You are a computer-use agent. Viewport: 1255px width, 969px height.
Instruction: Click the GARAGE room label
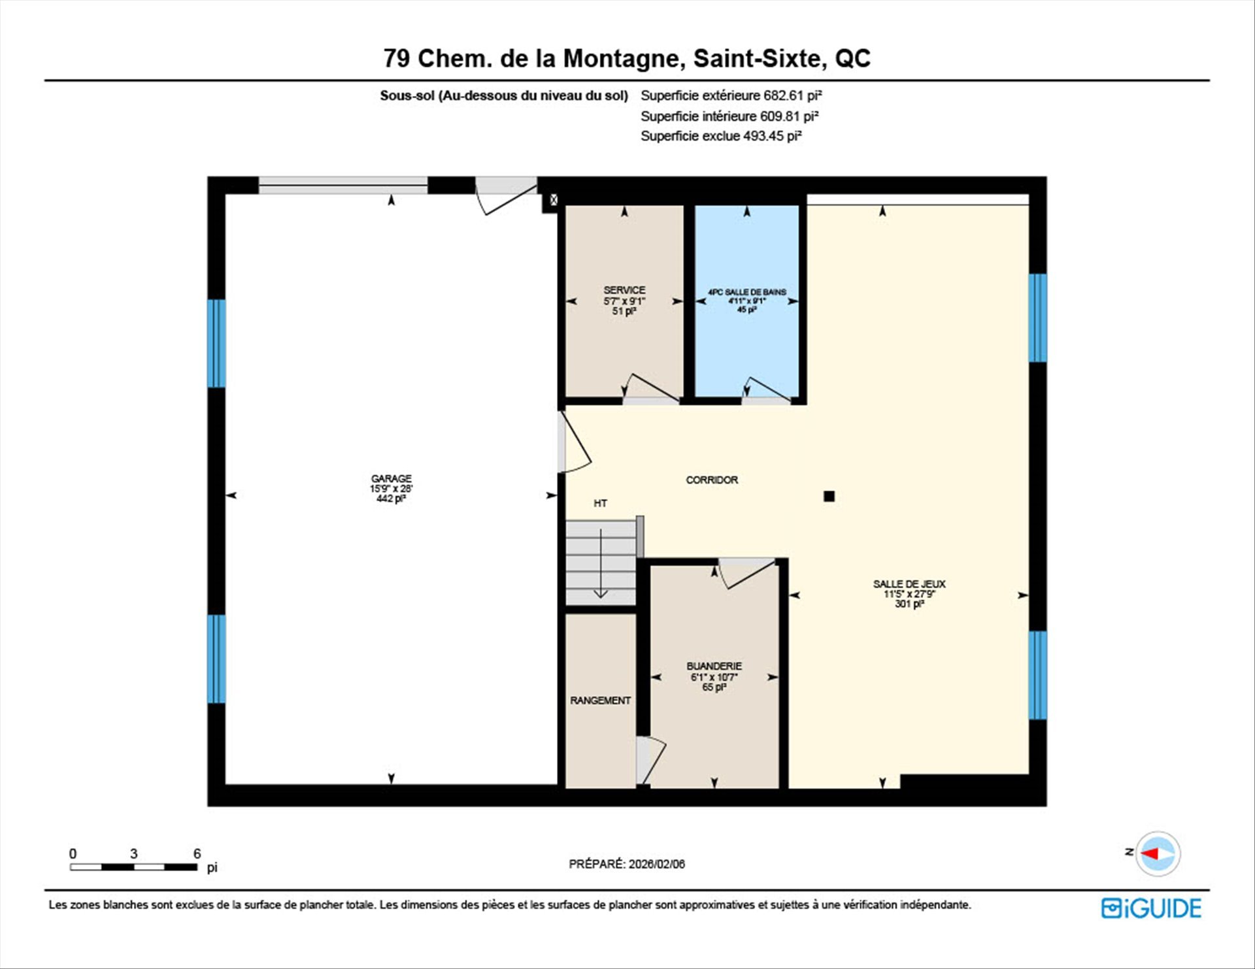(391, 478)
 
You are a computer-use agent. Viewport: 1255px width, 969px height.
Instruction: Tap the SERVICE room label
(624, 290)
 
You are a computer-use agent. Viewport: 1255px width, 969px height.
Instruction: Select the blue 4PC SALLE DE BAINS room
(746, 301)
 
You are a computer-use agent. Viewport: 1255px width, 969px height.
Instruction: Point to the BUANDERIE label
(714, 666)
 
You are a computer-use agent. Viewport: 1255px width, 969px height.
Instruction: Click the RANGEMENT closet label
(600, 700)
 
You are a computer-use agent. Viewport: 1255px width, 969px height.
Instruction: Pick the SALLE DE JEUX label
(909, 584)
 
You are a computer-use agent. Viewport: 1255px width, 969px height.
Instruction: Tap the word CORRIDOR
(712, 480)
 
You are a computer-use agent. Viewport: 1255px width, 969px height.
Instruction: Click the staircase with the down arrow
(601, 563)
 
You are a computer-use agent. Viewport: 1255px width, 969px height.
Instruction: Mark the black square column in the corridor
(829, 496)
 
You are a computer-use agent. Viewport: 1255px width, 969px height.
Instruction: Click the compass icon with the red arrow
(1158, 853)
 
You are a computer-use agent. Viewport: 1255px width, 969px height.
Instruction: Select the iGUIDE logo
(1151, 908)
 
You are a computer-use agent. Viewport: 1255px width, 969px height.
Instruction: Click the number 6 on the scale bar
(197, 853)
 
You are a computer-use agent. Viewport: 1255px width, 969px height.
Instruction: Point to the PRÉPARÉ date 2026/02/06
(657, 864)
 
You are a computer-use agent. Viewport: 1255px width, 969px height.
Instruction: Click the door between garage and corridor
(574, 442)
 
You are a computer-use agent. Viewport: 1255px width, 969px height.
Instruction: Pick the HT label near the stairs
(600, 503)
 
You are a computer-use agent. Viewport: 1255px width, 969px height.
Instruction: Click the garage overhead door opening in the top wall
(343, 185)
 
